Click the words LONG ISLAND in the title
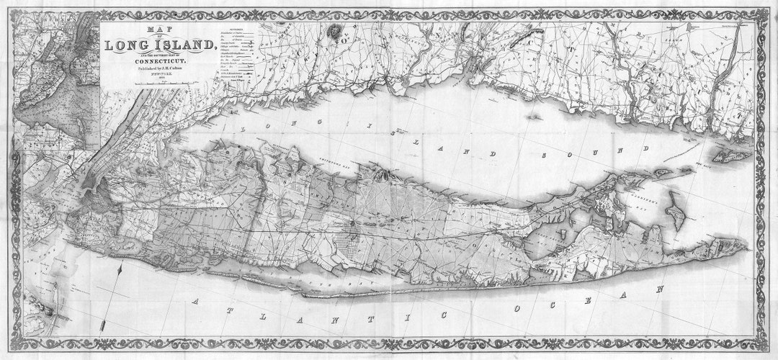coord(160,45)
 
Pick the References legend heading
coord(234,29)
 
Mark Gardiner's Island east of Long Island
coord(674,215)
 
